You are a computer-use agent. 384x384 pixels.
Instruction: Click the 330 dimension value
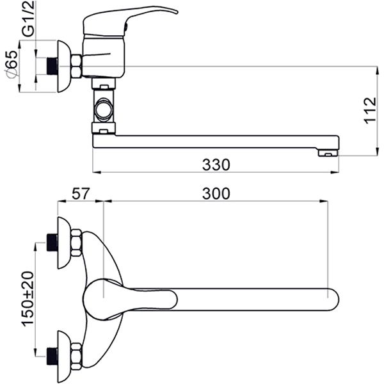point(216,164)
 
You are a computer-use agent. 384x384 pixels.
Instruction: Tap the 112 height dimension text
point(369,111)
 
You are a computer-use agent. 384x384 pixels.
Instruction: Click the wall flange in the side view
point(65,66)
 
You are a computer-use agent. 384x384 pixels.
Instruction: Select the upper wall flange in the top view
point(64,243)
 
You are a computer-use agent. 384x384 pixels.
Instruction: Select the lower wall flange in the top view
point(64,353)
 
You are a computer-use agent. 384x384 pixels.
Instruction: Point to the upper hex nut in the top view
point(76,243)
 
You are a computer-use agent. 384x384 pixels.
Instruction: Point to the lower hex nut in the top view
point(76,353)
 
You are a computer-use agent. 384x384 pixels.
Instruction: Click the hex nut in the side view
point(76,66)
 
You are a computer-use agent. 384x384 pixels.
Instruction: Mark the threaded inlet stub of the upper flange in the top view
point(52,243)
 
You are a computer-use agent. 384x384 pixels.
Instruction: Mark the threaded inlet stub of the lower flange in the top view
point(52,353)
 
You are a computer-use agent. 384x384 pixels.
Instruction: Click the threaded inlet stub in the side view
point(52,66)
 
